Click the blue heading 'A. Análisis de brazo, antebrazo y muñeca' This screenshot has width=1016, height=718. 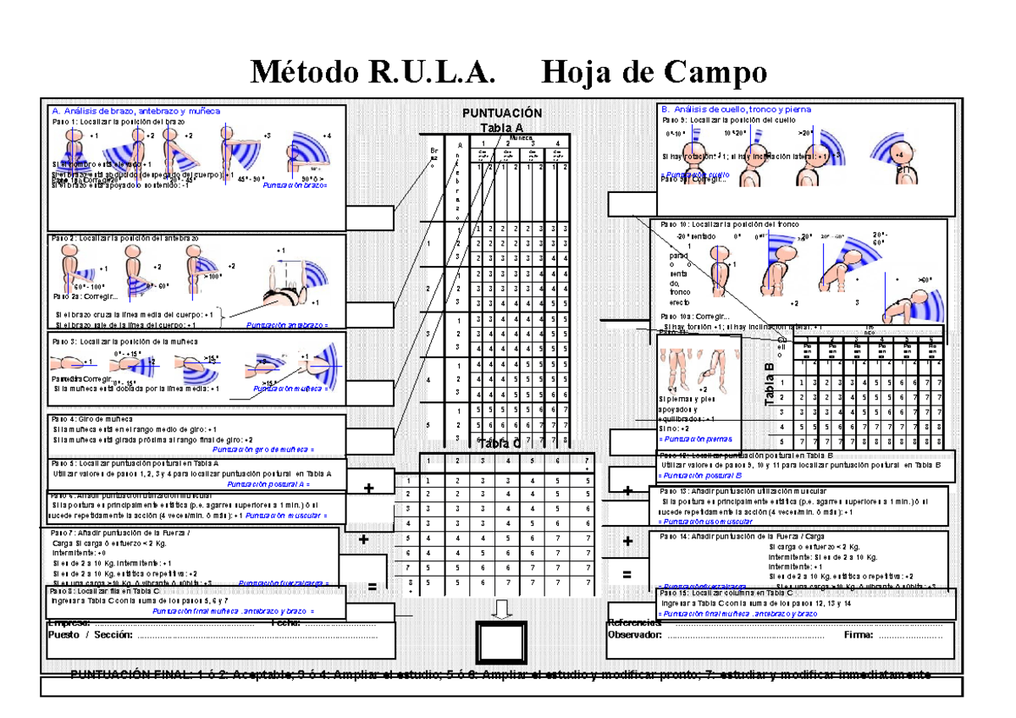[x=136, y=111]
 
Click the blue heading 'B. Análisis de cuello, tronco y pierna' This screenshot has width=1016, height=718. [x=736, y=109]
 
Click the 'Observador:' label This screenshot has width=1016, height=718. [x=636, y=635]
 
